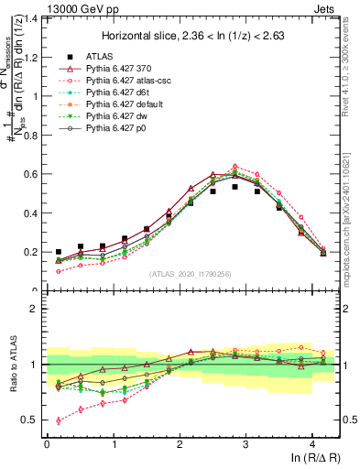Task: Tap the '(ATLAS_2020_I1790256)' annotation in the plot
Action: (191, 274)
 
